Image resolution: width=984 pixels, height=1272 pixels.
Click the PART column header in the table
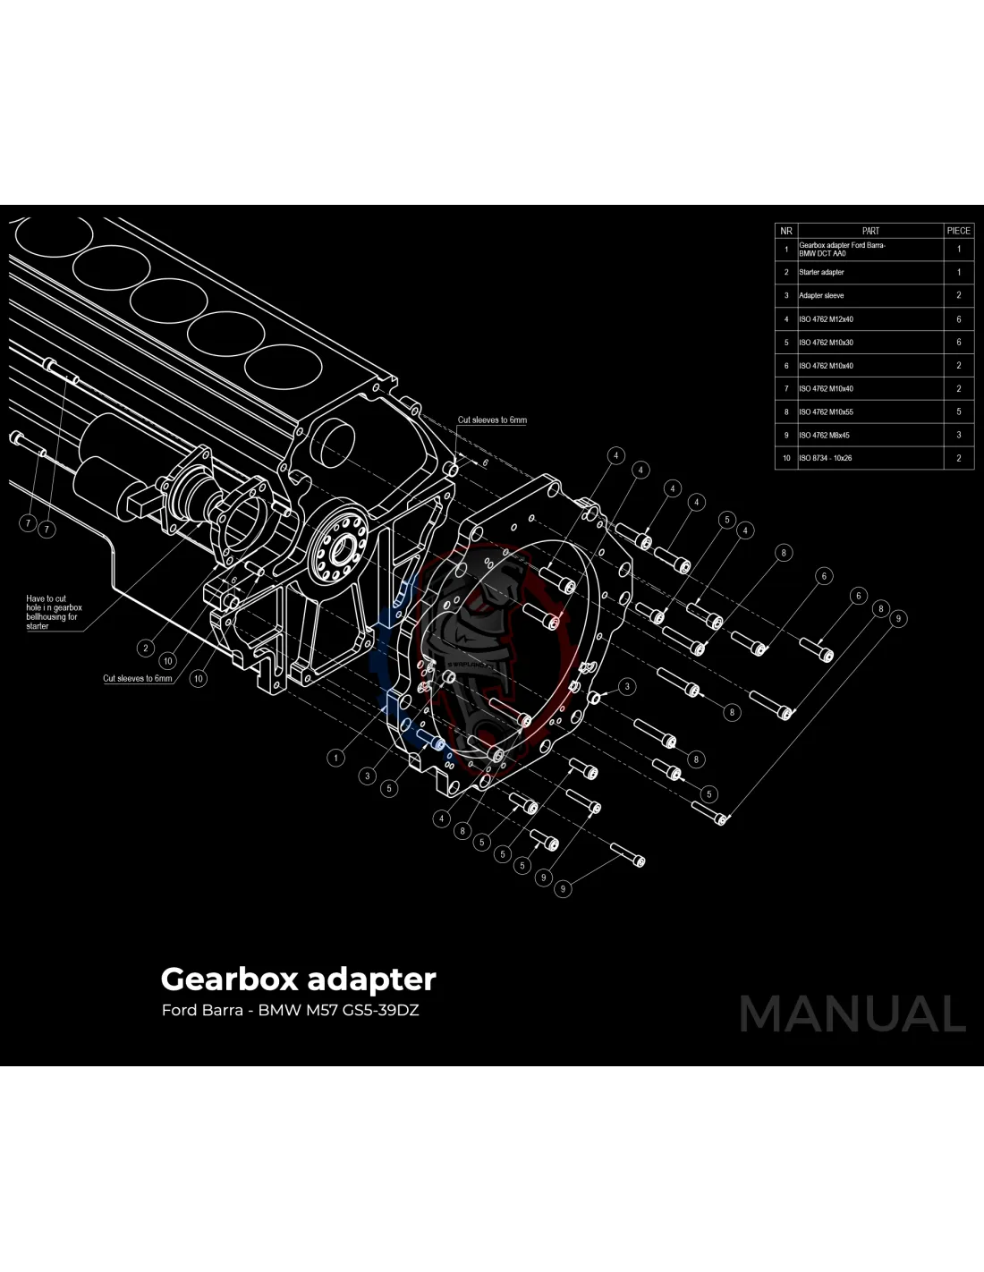click(870, 231)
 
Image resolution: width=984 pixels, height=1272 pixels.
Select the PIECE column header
click(958, 231)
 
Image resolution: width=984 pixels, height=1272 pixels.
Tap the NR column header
click(786, 231)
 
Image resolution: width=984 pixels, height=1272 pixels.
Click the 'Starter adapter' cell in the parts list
click(821, 272)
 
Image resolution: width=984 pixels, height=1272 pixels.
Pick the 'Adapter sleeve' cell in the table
click(821, 295)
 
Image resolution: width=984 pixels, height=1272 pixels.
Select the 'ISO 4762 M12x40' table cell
click(826, 319)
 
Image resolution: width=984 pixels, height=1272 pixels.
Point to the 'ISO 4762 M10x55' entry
click(826, 412)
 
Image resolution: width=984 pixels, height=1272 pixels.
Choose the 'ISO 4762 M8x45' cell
click(824, 436)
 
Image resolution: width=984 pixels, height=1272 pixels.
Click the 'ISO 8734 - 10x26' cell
click(825, 458)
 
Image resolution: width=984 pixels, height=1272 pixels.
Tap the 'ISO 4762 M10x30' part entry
click(826, 343)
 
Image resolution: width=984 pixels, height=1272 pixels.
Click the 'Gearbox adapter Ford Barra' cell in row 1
click(842, 249)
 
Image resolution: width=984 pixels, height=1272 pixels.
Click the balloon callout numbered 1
click(336, 758)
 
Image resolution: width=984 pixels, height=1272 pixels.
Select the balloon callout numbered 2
click(146, 648)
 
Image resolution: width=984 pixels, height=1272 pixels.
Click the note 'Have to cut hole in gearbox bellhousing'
click(54, 612)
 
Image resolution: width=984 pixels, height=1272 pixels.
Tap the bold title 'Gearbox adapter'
click(298, 979)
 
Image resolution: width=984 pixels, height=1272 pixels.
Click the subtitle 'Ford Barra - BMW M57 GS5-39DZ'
click(290, 1012)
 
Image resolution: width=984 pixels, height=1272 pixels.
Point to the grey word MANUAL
click(852, 1014)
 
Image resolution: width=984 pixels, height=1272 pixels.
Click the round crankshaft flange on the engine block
click(341, 551)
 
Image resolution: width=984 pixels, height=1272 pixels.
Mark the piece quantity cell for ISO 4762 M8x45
click(958, 436)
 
